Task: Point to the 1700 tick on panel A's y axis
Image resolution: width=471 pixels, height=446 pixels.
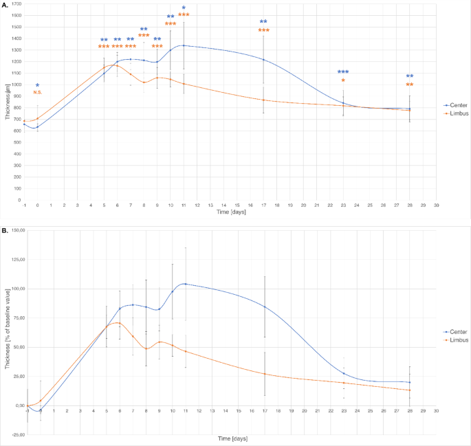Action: tap(16, 5)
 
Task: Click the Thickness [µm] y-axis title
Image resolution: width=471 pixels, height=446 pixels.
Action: tap(6, 103)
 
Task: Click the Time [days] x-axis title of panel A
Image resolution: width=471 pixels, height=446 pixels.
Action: tap(230, 214)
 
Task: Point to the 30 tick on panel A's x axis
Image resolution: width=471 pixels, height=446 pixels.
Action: tap(437, 205)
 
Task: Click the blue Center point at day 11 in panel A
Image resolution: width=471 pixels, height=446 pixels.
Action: tap(184, 45)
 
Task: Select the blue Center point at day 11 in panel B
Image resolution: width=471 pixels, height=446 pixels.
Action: tap(184, 284)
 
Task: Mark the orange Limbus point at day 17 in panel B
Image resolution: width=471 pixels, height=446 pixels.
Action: tap(264, 374)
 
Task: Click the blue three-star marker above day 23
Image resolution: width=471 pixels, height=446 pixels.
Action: tap(343, 72)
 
